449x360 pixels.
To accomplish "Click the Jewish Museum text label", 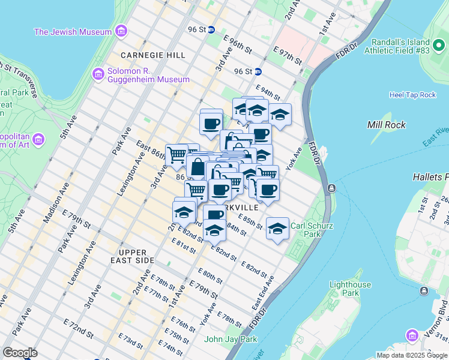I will (x=73, y=32).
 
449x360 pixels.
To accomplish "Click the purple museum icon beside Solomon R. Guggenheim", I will (x=97, y=74).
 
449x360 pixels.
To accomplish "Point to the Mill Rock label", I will (x=387, y=125).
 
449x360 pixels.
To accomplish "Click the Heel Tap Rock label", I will (x=412, y=95).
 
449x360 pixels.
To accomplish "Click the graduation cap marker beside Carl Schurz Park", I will (x=277, y=228).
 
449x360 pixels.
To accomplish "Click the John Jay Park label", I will (x=231, y=339).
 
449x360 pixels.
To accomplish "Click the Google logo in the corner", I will (x=20, y=353).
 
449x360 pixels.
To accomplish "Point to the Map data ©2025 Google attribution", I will (x=412, y=355).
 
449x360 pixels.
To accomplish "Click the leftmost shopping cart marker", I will (x=176, y=155).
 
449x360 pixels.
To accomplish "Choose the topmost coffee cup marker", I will (x=211, y=124).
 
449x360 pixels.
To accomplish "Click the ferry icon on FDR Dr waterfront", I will (x=331, y=189).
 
